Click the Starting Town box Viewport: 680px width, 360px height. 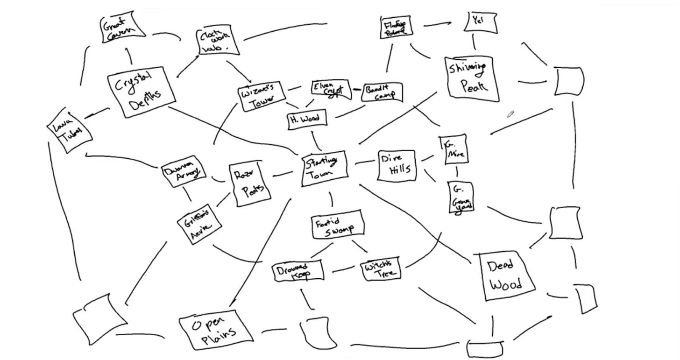325,168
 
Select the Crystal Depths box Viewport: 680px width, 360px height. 142,92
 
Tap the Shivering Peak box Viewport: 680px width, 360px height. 472,78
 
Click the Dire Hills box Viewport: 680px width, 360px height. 396,165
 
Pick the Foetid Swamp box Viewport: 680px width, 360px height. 337,225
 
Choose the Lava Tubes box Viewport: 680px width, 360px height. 69,130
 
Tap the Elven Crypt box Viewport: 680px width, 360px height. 331,89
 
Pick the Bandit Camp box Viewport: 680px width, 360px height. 382,92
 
